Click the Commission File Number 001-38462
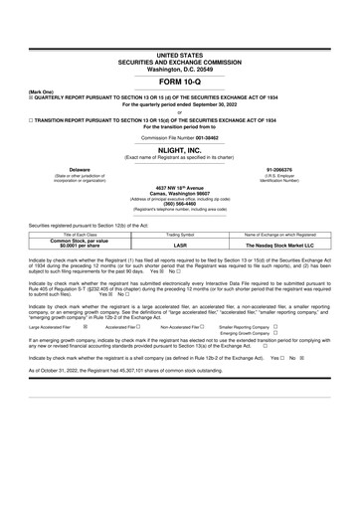pos(180,136)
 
